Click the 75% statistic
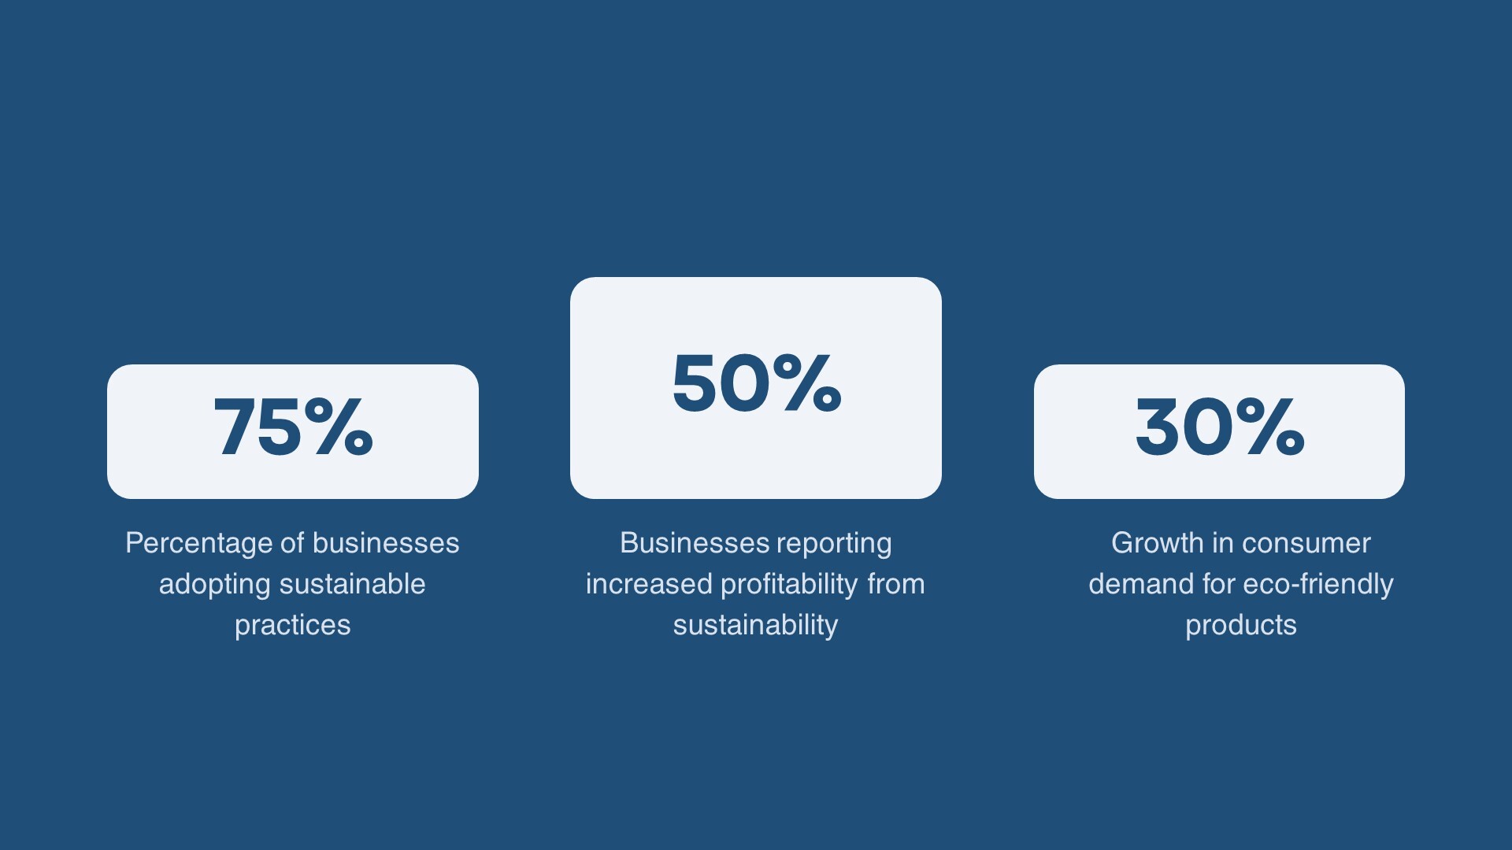(x=293, y=427)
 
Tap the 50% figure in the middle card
(x=756, y=382)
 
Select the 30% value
(x=1219, y=427)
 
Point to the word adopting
(x=215, y=585)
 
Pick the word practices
(x=293, y=626)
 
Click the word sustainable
(x=353, y=584)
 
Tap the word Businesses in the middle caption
(x=695, y=543)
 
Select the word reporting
(x=834, y=544)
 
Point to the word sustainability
(x=755, y=626)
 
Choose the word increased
(x=649, y=584)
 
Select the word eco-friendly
(x=1318, y=585)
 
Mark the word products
(x=1241, y=626)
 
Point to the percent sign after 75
(x=338, y=427)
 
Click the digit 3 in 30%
(x=1157, y=427)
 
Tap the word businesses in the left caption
(x=386, y=543)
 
